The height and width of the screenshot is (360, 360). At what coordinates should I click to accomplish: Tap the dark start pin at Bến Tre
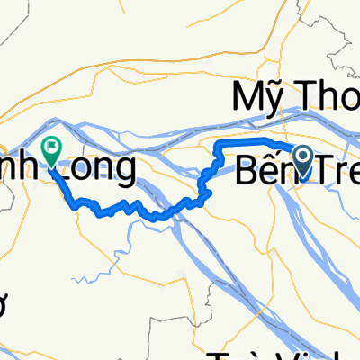[x=303, y=160]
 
